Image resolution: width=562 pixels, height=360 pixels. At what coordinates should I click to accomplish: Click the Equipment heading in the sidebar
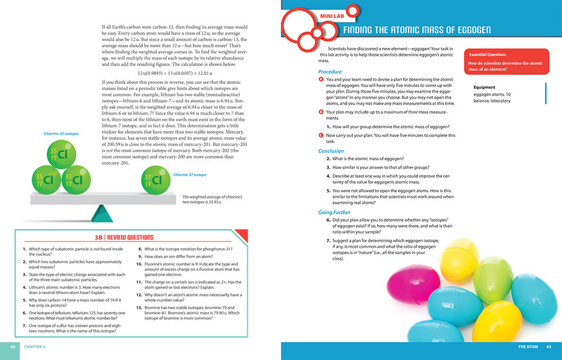[484, 87]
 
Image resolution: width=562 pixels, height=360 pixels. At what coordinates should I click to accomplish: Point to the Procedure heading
[330, 72]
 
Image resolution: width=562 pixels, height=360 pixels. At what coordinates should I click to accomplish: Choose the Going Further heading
[334, 213]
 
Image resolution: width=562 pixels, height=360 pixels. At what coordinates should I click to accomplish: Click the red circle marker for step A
[320, 80]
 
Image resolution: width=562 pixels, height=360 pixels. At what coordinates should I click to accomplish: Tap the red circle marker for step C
[320, 136]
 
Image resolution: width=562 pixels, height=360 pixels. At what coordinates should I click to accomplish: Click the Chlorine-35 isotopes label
[62, 134]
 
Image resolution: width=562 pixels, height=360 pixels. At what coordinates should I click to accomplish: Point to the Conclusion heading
[331, 151]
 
